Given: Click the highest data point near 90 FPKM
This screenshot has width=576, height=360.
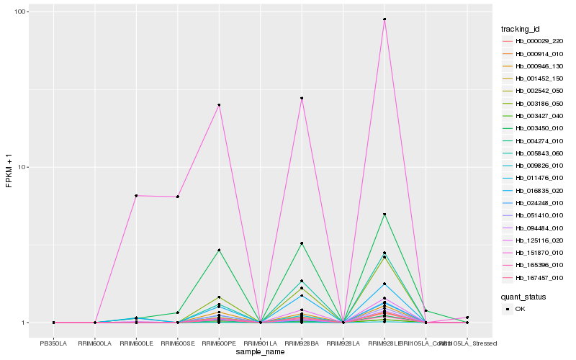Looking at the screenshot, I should pyautogui.click(x=384, y=19).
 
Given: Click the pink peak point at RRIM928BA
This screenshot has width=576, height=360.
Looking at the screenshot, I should pyautogui.click(x=302, y=98).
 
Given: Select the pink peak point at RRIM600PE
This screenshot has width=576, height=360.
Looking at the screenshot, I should pyautogui.click(x=219, y=105).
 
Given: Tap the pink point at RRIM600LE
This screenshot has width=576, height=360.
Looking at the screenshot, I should pyautogui.click(x=136, y=196).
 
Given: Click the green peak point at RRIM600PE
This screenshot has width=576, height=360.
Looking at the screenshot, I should pyautogui.click(x=219, y=250).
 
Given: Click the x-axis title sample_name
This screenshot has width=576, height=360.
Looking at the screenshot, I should pyautogui.click(x=260, y=352).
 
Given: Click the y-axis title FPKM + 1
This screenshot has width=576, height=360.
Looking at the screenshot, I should pyautogui.click(x=9, y=167).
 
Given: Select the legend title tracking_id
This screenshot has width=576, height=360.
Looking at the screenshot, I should pyautogui.click(x=520, y=29).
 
